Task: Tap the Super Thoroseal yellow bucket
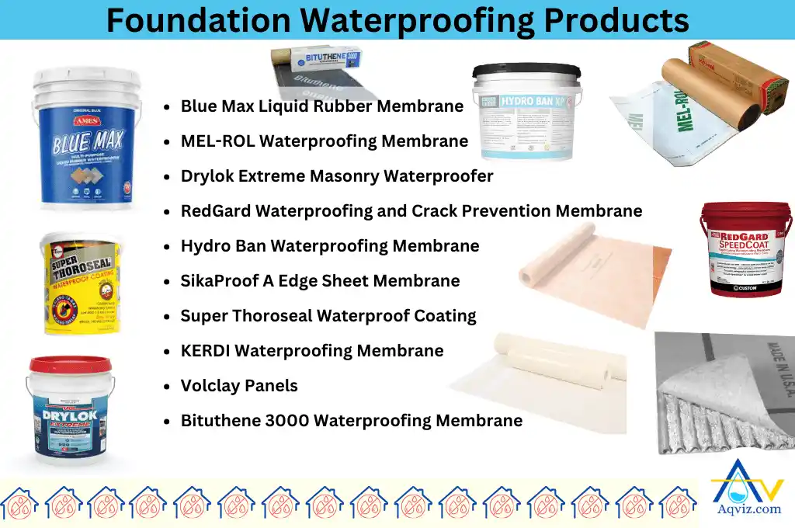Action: click(x=79, y=284)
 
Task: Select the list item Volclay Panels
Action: click(x=239, y=386)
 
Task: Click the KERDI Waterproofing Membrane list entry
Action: click(x=312, y=351)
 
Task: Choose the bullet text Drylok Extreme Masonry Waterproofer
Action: click(x=337, y=176)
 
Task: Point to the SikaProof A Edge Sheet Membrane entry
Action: click(x=320, y=281)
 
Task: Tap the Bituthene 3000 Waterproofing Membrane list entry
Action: click(x=351, y=421)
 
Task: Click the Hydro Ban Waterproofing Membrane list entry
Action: click(x=330, y=246)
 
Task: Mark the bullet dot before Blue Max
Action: click(x=167, y=107)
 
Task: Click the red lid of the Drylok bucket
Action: click(x=70, y=364)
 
